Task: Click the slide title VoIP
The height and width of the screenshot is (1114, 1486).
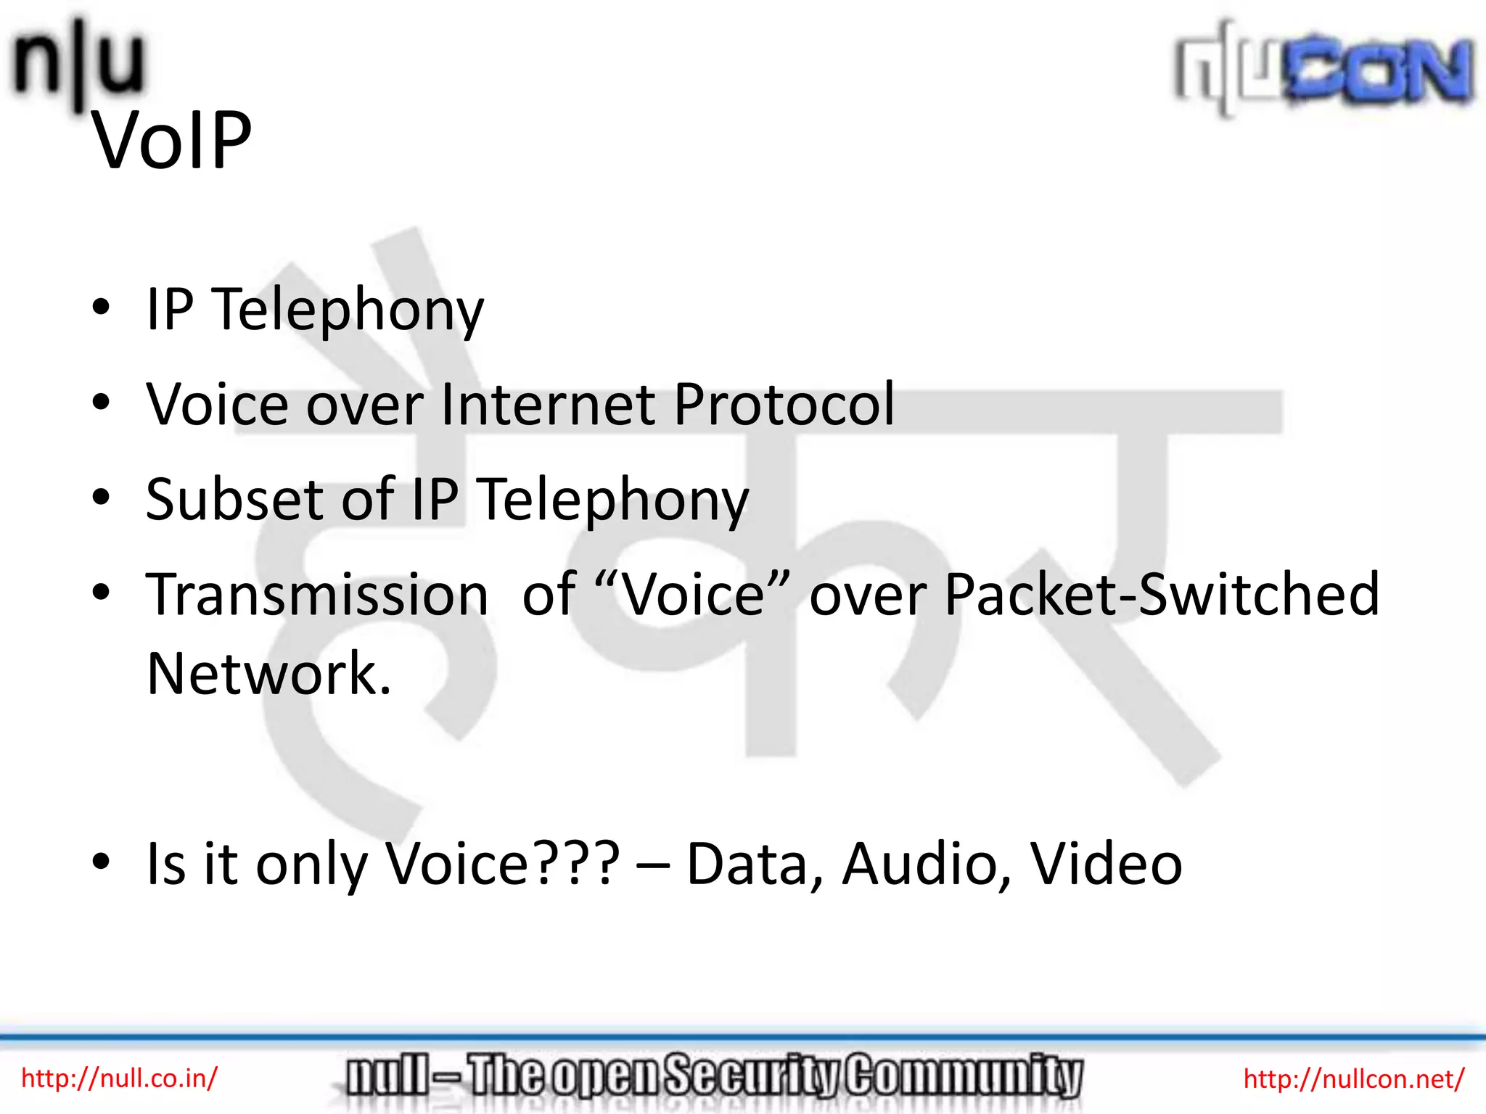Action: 172,141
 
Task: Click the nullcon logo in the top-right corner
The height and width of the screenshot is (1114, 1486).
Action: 1324,70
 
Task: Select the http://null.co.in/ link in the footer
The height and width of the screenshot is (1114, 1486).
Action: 119,1078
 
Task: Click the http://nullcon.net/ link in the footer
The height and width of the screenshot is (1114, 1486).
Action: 1354,1079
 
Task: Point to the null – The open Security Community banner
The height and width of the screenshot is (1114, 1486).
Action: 714,1076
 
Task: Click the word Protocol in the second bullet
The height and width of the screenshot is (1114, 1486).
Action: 784,404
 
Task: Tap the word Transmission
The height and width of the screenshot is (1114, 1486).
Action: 317,594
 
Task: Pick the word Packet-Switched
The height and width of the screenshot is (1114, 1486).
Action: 1162,594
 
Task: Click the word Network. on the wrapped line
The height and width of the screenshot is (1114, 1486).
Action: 268,674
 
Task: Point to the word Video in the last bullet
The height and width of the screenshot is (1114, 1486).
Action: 1107,864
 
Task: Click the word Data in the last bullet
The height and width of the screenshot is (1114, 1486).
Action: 755,864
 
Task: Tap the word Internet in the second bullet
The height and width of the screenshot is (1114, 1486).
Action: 548,404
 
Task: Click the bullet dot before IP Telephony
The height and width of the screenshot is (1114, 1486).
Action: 101,307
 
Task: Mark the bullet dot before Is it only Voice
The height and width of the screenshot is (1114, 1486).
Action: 101,862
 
